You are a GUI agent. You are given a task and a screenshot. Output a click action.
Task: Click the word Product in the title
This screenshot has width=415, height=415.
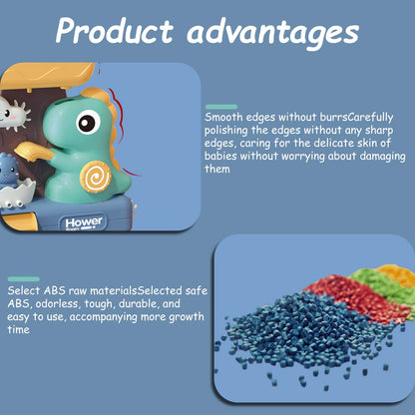(115, 30)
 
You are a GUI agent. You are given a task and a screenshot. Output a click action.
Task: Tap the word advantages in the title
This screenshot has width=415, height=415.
(272, 33)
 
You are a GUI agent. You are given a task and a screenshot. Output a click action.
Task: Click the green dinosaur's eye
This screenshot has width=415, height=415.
(88, 122)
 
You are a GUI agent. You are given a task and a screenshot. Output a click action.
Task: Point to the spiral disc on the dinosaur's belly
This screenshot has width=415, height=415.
(96, 177)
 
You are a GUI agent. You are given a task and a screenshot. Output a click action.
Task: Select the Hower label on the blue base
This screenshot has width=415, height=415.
(84, 222)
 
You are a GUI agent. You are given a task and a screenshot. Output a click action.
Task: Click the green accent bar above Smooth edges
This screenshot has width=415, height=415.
(221, 107)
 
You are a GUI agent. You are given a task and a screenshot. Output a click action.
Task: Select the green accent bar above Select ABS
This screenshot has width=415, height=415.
(24, 279)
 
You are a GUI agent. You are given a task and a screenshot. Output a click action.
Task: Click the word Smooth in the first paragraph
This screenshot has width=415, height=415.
(223, 117)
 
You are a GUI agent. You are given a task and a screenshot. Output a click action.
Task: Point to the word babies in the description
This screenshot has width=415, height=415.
(220, 156)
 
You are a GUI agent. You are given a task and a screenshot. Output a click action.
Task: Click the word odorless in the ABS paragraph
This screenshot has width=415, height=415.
(57, 303)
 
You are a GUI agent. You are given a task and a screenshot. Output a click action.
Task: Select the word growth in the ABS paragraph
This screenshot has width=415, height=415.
(187, 317)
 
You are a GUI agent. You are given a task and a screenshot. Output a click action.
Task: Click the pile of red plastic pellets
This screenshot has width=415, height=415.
(359, 296)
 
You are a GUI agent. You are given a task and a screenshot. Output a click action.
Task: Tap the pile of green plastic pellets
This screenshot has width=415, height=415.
(382, 282)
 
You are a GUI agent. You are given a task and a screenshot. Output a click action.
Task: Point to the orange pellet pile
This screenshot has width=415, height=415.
(399, 273)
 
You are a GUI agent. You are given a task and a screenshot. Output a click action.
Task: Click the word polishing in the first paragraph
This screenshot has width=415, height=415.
(226, 131)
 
